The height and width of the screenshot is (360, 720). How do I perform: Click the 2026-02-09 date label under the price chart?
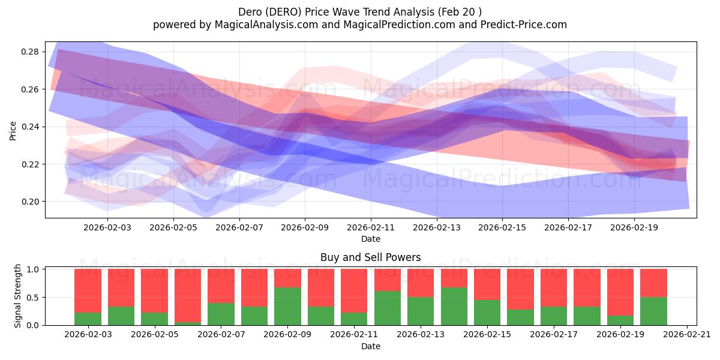pos(305,228)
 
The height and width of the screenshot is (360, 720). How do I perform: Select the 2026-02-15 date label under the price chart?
pos(502,228)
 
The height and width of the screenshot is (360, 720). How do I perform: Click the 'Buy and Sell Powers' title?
pos(370,257)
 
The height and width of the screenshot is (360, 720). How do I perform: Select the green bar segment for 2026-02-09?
pos(287,307)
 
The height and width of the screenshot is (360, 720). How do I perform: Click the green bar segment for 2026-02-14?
pos(454,307)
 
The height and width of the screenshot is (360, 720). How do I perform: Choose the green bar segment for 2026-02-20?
pos(653,311)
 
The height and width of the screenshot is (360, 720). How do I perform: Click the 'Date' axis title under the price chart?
pos(370,239)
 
